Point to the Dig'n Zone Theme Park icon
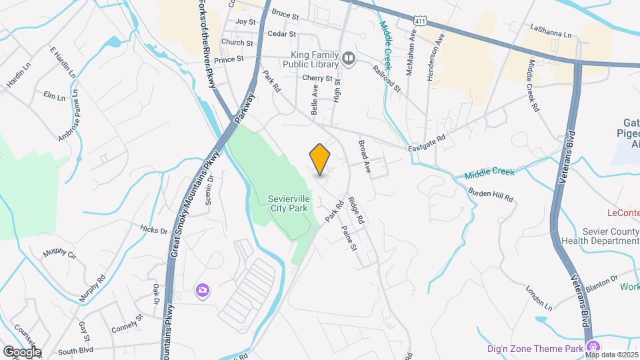591,346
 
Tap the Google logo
21,351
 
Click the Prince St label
229,60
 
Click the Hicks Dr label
154,231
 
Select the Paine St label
349,237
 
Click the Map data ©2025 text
611,355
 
